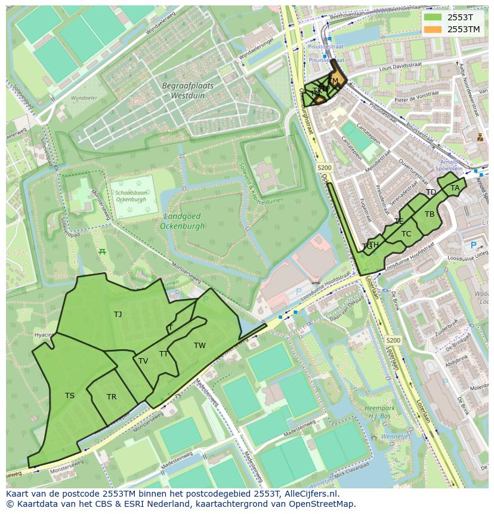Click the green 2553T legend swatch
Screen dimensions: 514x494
[x=433, y=17]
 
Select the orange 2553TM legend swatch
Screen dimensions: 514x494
[x=433, y=29]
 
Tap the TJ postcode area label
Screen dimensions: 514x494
[x=118, y=314]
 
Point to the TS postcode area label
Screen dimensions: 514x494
[x=70, y=396]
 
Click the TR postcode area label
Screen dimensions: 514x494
[x=112, y=397]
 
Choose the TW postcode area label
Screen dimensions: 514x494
[x=199, y=346]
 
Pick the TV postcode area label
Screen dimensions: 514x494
[x=143, y=361]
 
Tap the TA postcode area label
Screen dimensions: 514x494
[x=455, y=188]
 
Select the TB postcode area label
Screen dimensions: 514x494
[x=430, y=214]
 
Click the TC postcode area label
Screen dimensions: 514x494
[x=406, y=234]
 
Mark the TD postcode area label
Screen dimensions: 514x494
[x=431, y=192]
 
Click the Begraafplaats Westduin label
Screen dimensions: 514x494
[x=187, y=90]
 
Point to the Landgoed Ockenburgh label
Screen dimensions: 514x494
[x=182, y=221]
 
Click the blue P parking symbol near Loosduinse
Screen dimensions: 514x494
[x=474, y=245]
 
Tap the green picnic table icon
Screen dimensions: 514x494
[x=102, y=251]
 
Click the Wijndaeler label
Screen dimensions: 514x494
[x=84, y=97]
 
